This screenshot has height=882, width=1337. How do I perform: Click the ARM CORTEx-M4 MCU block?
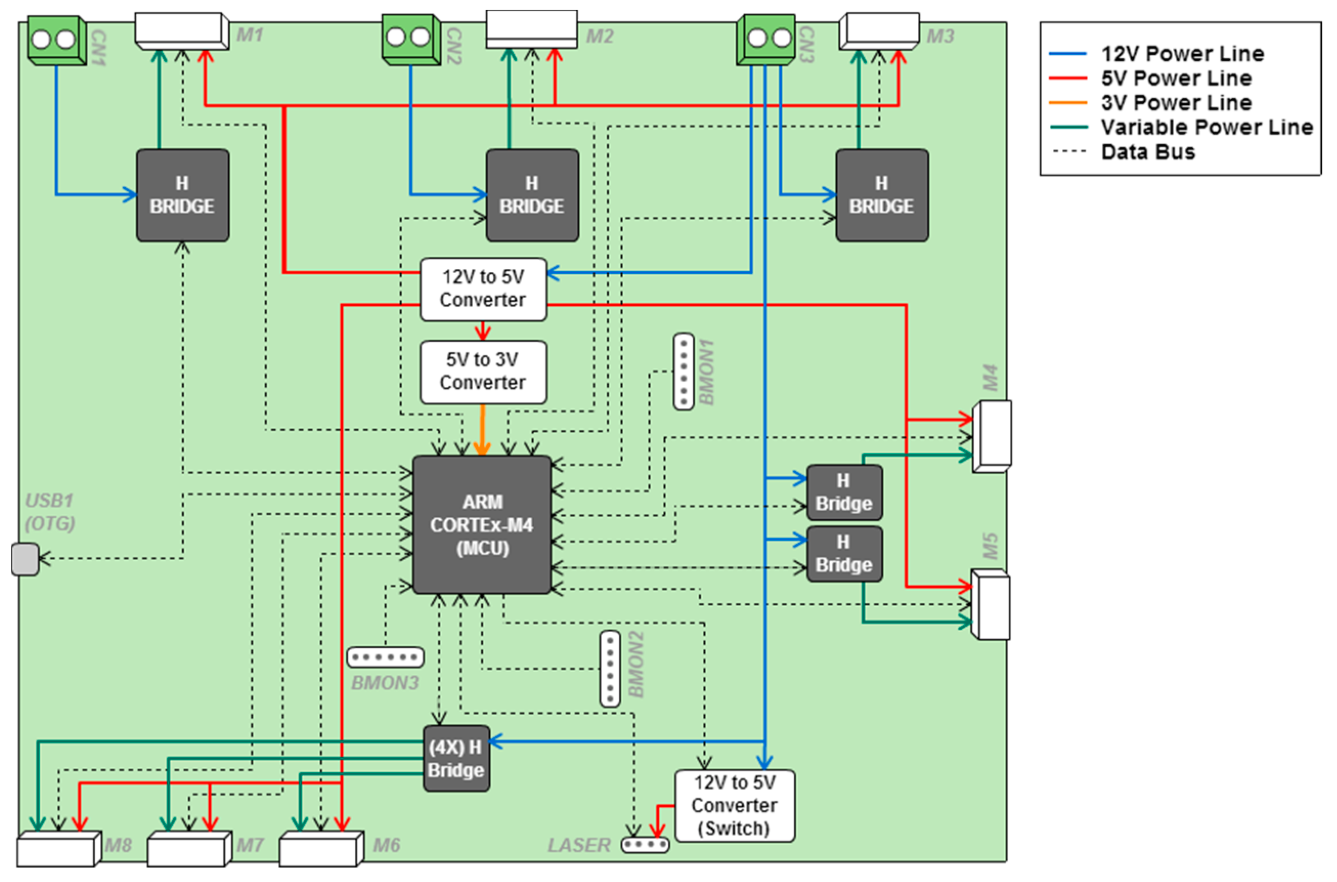pos(482,524)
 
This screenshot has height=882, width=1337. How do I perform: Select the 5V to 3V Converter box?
pos(483,372)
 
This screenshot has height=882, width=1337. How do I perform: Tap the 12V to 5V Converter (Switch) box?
pos(735,805)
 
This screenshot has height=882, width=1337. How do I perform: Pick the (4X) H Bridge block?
pos(456,758)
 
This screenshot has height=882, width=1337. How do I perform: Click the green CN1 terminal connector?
pos(57,40)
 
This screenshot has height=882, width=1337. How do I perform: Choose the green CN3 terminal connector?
pos(766,39)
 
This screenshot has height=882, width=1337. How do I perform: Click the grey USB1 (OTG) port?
pos(25,559)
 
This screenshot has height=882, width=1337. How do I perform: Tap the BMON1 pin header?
pos(684,371)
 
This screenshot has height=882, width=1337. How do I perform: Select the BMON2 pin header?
pos(610,668)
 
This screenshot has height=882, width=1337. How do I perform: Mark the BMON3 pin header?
pos(385,657)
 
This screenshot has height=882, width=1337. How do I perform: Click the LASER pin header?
pos(645,844)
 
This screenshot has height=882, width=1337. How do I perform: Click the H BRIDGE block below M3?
pos(882,195)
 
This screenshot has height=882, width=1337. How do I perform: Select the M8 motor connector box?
pos(59,848)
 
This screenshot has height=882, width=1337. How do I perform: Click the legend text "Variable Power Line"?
pos(1207,127)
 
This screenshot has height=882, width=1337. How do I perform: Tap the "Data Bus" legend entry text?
pos(1148,152)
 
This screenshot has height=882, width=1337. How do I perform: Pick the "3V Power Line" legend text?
pos(1177,102)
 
